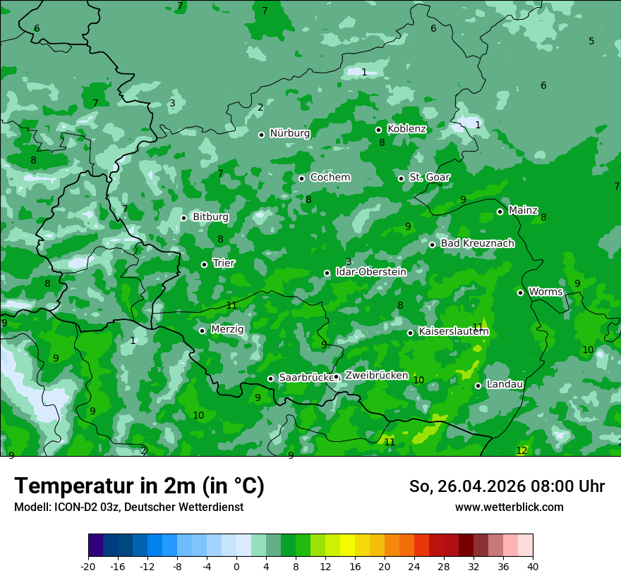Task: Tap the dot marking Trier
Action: [205, 264]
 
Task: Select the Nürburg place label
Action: [290, 133]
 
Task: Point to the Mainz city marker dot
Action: [500, 211]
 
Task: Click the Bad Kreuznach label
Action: [477, 243]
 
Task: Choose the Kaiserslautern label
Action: [454, 331]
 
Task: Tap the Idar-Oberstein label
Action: [370, 271]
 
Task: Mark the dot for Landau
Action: [478, 386]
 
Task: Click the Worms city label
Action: [545, 292]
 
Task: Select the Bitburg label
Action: [210, 217]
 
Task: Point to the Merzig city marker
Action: [202, 331]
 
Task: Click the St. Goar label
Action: [429, 177]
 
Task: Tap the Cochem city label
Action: [330, 177]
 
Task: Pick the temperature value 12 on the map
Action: [521, 450]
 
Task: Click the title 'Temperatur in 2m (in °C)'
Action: [139, 486]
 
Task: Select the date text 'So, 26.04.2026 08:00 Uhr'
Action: [507, 486]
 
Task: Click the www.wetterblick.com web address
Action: [509, 507]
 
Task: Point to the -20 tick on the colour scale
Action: [88, 566]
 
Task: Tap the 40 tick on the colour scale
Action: [533, 566]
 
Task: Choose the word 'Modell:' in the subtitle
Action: [30, 507]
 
